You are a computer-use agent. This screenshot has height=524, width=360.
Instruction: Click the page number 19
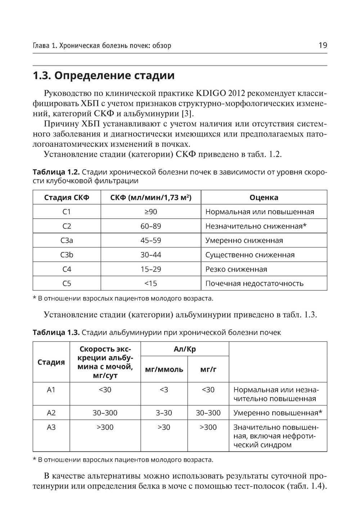[x=323, y=45]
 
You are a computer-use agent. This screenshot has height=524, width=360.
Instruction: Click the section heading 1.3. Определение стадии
[x=104, y=76]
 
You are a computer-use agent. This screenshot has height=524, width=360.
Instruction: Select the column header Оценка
[x=264, y=197]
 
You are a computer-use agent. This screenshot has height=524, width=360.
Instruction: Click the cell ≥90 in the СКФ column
[x=151, y=212]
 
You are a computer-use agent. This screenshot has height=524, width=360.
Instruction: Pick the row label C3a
[x=67, y=241]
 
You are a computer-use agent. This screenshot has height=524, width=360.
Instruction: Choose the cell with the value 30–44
[x=151, y=255]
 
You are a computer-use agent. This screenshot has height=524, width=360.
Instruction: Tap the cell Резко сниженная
[x=236, y=269]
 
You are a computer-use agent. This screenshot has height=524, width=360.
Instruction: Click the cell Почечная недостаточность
[x=254, y=283]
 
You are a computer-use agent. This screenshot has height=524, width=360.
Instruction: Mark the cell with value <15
[x=151, y=283]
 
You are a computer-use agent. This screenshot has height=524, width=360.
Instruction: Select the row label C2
[x=67, y=226]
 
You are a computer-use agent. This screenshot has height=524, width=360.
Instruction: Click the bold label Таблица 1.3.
[x=56, y=332]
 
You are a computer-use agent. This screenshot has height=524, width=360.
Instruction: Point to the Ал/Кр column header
[x=185, y=349]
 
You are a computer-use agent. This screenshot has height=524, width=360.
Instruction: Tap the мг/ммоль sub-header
[x=164, y=370]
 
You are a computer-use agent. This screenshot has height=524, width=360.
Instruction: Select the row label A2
[x=51, y=413]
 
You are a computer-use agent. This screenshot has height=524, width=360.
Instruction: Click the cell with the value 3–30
[x=164, y=413]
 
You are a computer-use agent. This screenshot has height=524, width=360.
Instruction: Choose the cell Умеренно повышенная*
[x=278, y=413]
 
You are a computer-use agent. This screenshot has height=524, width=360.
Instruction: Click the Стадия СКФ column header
[x=67, y=197]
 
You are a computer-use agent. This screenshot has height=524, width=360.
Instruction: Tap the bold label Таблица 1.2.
[x=56, y=171]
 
